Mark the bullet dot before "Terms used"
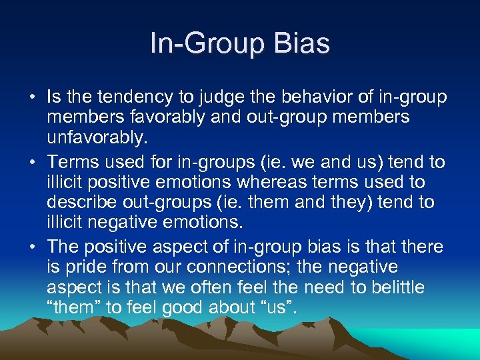[x=33, y=162]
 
